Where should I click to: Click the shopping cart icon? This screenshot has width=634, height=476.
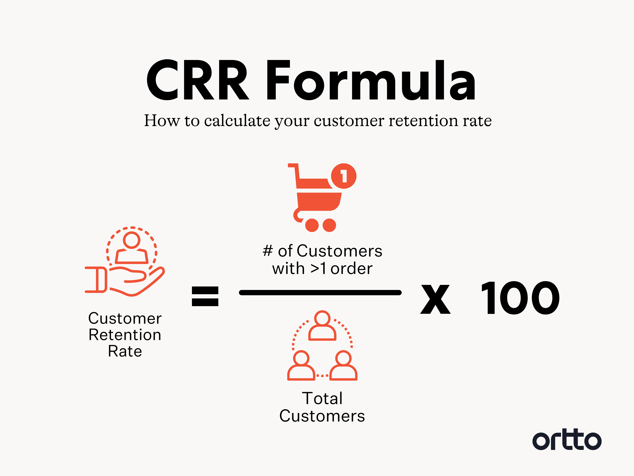pyautogui.click(x=318, y=198)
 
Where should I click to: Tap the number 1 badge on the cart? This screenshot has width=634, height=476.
pyautogui.click(x=344, y=176)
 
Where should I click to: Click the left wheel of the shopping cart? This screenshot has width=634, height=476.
pyautogui.click(x=312, y=225)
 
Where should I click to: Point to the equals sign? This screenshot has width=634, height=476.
pyautogui.click(x=205, y=296)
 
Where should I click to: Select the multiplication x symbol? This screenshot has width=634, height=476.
pyautogui.click(x=435, y=299)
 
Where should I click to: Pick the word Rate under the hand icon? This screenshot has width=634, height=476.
pyautogui.click(x=125, y=351)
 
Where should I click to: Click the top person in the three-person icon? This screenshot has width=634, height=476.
pyautogui.click(x=322, y=326)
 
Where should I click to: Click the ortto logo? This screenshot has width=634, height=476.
pyautogui.click(x=567, y=440)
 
